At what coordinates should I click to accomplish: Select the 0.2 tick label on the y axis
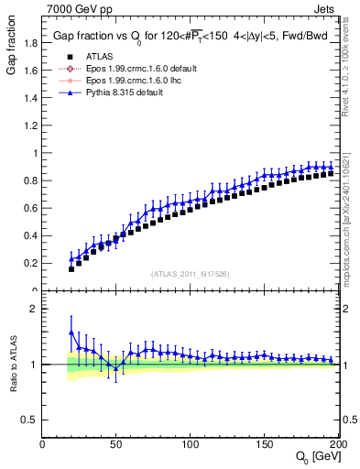(31, 263)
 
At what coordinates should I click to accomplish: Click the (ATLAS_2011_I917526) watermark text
(190, 273)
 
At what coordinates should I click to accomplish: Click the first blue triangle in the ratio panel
(71, 332)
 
